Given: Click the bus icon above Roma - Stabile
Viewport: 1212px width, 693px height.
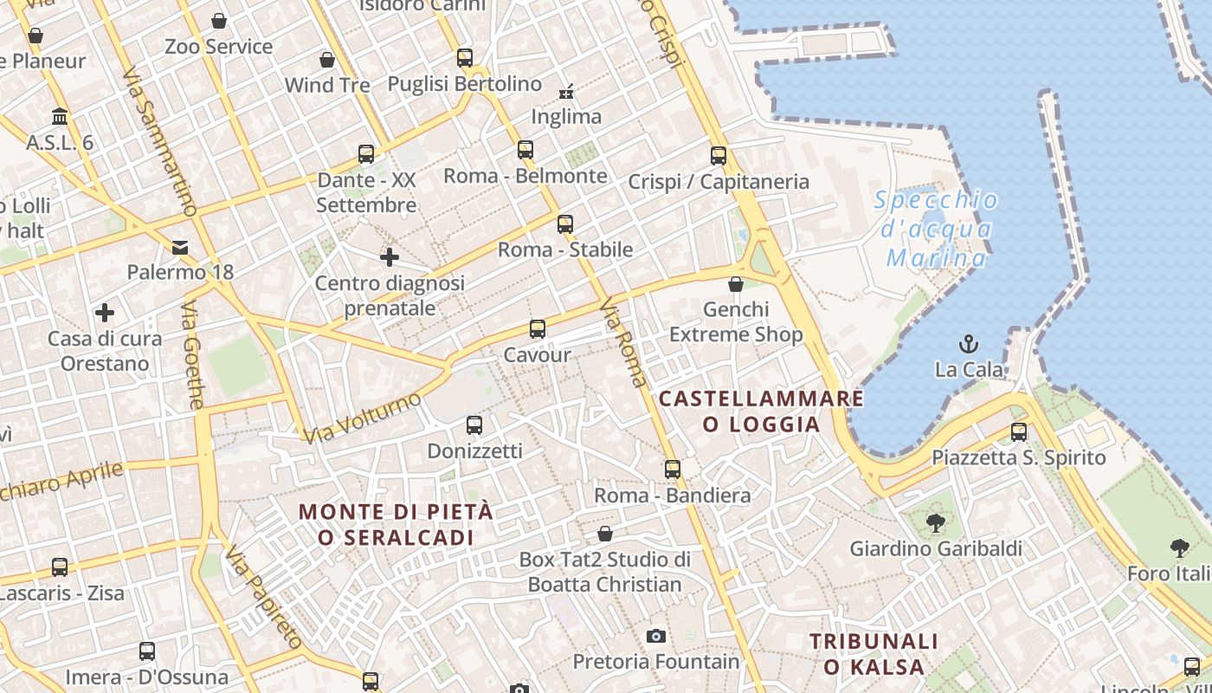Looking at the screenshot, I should [x=565, y=224].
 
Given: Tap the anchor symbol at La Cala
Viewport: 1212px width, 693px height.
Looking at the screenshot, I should [x=969, y=344].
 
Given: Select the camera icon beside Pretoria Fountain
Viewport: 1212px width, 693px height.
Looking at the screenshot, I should [x=656, y=637].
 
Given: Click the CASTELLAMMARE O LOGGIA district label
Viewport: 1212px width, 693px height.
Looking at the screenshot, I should [x=761, y=411].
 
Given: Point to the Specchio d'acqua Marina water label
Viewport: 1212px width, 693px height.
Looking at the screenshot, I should [x=936, y=229].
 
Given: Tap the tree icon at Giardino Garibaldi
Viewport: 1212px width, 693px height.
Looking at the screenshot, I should [x=935, y=522].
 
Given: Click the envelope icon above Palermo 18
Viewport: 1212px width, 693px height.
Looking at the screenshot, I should [x=180, y=248].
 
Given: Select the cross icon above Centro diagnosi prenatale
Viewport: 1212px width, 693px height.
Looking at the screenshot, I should [x=390, y=257].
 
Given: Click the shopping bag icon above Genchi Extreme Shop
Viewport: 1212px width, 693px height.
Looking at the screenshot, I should [x=736, y=284].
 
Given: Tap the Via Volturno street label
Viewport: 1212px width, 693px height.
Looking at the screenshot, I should [x=362, y=418].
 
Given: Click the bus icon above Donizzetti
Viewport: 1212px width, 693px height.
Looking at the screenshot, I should [x=474, y=425].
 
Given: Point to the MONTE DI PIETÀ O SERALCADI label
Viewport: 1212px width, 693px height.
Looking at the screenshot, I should [x=396, y=524].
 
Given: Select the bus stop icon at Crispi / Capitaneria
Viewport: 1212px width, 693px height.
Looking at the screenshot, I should [x=719, y=156].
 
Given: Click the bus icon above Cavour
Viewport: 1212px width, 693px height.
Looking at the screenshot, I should [x=538, y=329].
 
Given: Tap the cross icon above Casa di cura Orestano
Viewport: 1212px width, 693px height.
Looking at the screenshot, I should [x=105, y=313].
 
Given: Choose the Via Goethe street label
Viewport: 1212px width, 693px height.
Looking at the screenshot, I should [x=193, y=355].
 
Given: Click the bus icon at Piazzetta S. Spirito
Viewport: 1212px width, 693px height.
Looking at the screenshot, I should [x=1019, y=431].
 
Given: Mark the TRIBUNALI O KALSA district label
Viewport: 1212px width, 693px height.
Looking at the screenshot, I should [x=873, y=654].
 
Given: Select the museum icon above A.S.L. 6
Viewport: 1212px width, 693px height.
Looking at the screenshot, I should [x=60, y=116].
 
